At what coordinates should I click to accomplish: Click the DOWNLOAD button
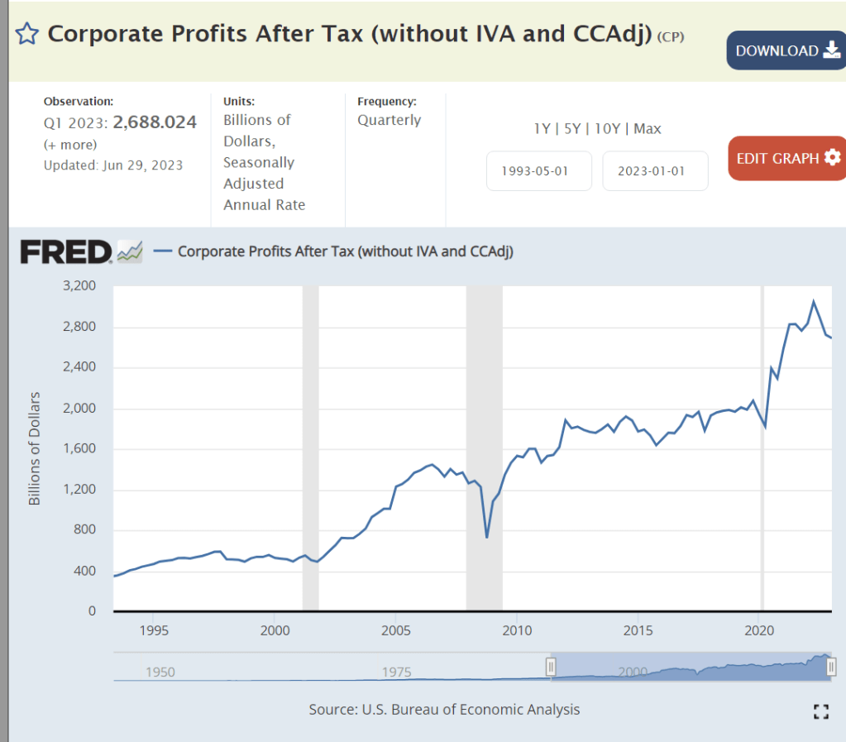(786, 50)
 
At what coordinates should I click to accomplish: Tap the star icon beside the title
(26, 34)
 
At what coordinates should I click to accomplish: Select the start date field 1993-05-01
(538, 171)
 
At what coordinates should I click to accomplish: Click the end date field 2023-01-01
(654, 171)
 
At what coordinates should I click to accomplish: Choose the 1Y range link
(542, 128)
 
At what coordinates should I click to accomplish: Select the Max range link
(648, 128)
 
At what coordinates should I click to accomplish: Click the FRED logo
(66, 251)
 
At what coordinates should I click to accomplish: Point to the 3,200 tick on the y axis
(80, 286)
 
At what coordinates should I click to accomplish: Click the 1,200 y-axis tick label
(80, 490)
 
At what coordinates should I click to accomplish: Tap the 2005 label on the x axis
(396, 630)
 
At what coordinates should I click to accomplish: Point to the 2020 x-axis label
(760, 630)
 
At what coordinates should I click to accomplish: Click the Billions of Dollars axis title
(35, 449)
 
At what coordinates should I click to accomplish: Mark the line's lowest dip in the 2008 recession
(486, 538)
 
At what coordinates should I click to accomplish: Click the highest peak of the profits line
(813, 301)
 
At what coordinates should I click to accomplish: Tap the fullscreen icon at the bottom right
(820, 711)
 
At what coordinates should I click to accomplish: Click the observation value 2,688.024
(155, 122)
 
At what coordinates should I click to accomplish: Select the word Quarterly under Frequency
(389, 120)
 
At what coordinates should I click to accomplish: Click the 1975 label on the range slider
(397, 671)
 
